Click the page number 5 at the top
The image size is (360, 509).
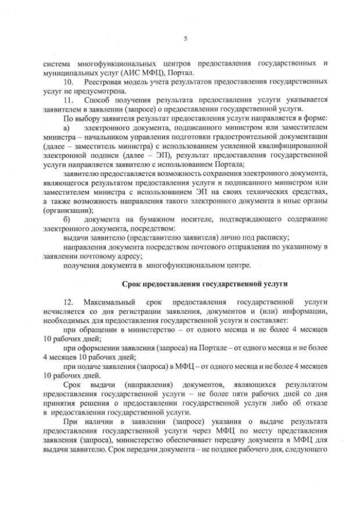click(x=185, y=38)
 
